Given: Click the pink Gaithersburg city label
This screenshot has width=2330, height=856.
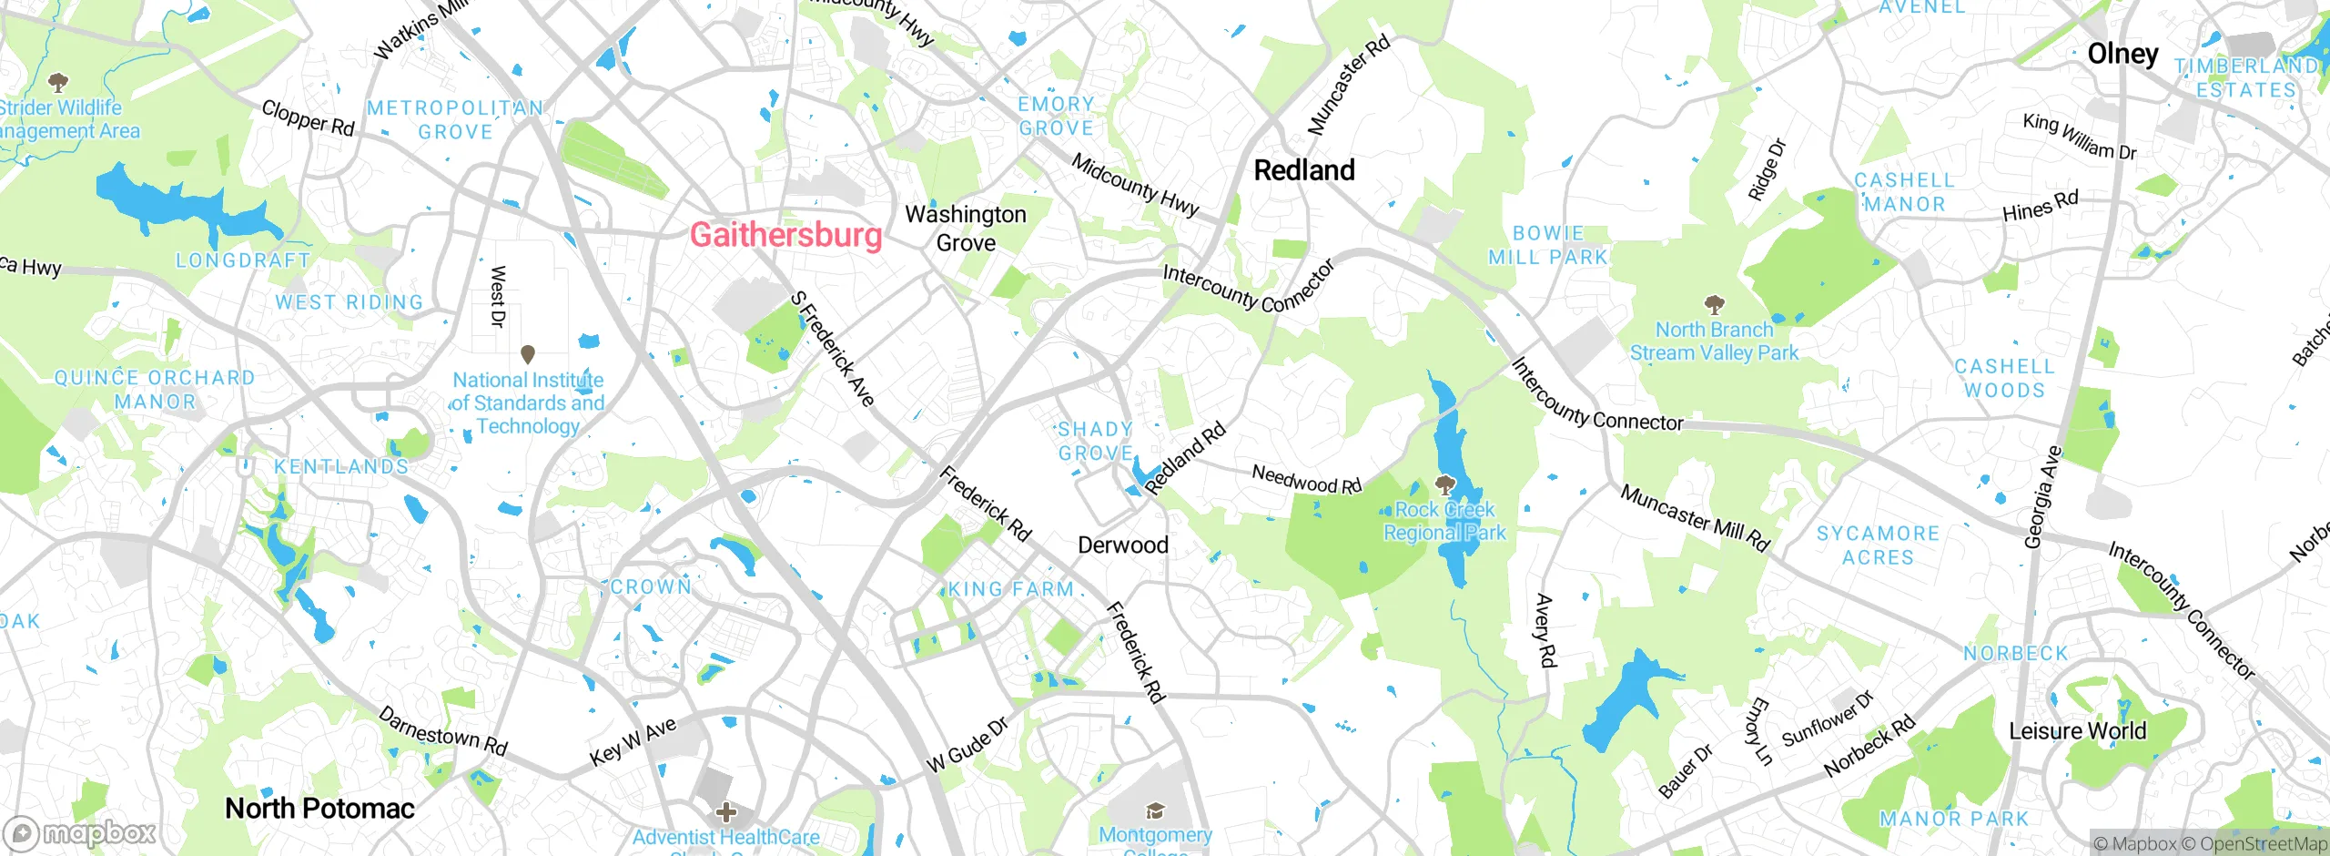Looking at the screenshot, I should click(785, 235).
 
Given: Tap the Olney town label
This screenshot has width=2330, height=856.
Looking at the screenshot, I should click(2122, 55).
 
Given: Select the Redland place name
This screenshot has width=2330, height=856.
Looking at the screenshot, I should click(1304, 170).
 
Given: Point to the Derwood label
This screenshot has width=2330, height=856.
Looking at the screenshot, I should click(1122, 545).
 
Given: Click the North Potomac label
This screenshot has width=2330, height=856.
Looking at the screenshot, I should click(319, 809).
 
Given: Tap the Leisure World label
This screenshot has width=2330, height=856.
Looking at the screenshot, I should click(2077, 731).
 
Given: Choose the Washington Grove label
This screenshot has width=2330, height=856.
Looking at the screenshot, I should click(966, 229).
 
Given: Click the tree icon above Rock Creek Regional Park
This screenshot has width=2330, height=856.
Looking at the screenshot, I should click(1444, 484).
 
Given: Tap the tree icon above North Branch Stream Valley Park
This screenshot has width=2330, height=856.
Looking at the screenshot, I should click(1714, 303).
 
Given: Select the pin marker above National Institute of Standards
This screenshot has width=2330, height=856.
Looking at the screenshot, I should click(527, 353).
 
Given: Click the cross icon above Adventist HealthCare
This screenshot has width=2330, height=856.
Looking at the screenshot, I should click(725, 811).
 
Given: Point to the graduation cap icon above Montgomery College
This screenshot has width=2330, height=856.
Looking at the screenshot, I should click(1155, 810).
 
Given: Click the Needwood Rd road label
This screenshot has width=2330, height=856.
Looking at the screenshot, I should click(1306, 479).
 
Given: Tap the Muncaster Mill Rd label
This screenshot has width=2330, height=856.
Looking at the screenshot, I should click(1695, 518).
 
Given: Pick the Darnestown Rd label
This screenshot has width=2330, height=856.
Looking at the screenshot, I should click(442, 731).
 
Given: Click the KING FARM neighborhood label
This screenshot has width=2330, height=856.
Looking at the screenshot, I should click(1011, 590).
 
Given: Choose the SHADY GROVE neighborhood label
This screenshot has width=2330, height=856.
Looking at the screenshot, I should click(1095, 441).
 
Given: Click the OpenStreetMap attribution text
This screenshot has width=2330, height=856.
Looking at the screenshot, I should click(2263, 844).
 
